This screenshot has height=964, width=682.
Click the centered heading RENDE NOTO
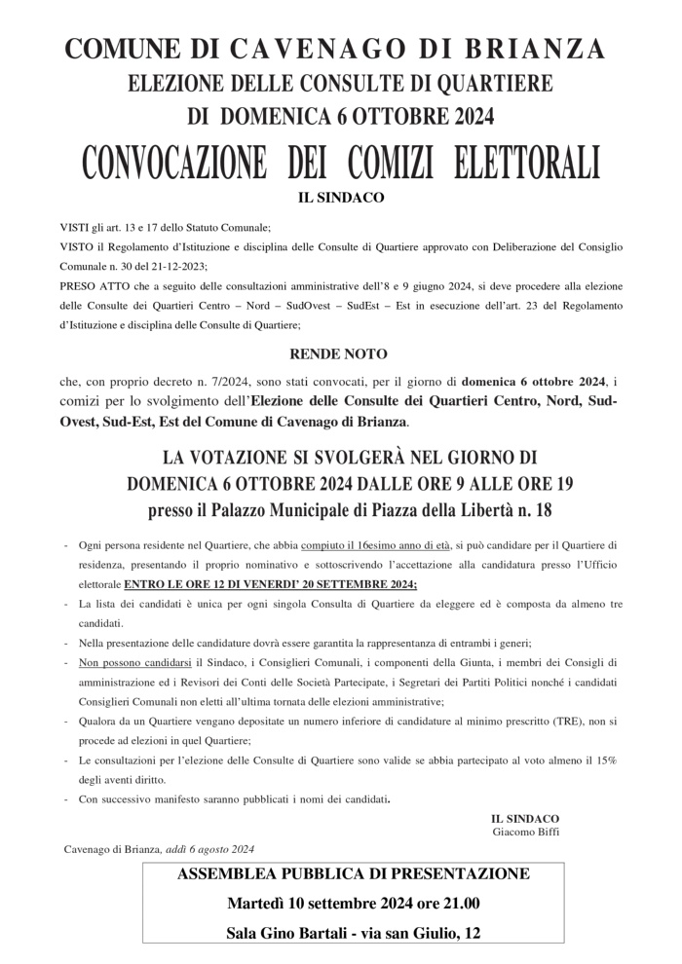click(338, 354)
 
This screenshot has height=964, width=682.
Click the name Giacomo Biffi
click(526, 832)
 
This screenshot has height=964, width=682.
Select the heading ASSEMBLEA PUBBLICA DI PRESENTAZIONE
click(354, 873)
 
